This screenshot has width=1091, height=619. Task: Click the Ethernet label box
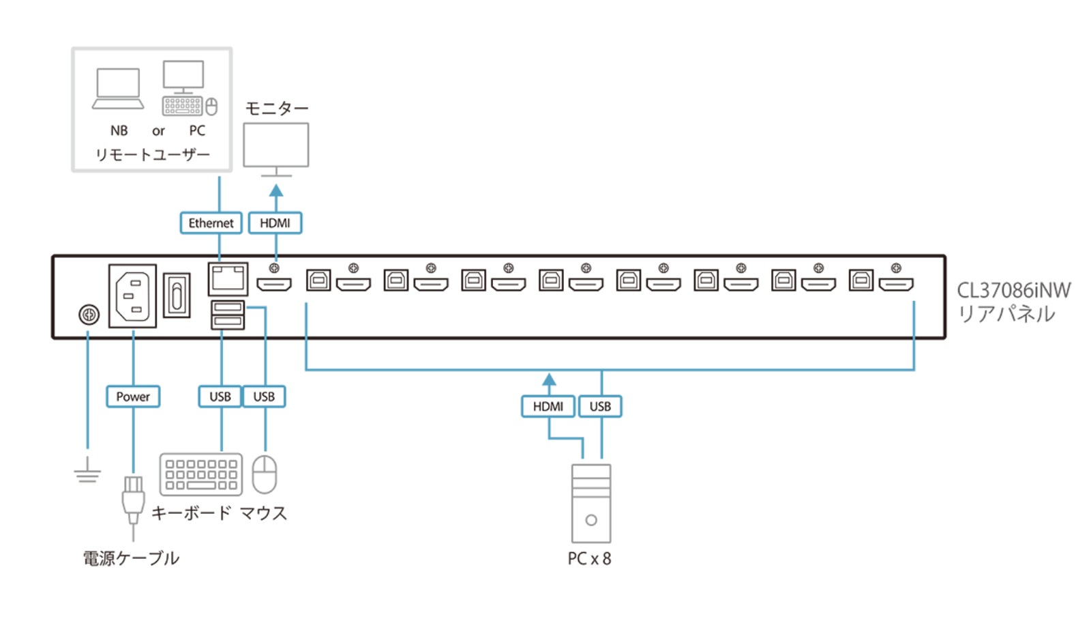[x=211, y=223]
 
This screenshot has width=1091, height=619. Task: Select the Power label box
[x=133, y=397]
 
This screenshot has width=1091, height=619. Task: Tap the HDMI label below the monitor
[x=275, y=223]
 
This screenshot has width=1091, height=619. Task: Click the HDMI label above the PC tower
[x=548, y=407]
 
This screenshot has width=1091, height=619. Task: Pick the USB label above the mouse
[x=264, y=397]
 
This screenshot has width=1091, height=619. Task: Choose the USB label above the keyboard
[x=220, y=397]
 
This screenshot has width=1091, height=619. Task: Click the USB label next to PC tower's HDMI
[x=600, y=407]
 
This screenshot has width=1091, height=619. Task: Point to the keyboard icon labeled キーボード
[x=201, y=474]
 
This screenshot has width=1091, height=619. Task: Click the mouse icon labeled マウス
[x=265, y=474]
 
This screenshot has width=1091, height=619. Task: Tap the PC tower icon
[x=591, y=504]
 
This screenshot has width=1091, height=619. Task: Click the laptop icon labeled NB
[x=119, y=89]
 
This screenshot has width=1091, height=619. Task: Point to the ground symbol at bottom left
[x=87, y=472]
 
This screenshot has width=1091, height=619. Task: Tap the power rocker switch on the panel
[x=177, y=295]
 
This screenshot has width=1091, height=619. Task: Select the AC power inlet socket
[x=132, y=296]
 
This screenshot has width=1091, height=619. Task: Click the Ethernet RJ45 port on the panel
[x=228, y=278]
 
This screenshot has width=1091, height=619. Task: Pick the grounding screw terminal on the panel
[x=89, y=314]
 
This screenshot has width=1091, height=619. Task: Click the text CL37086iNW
[x=1013, y=291]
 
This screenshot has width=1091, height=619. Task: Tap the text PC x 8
[x=589, y=559]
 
